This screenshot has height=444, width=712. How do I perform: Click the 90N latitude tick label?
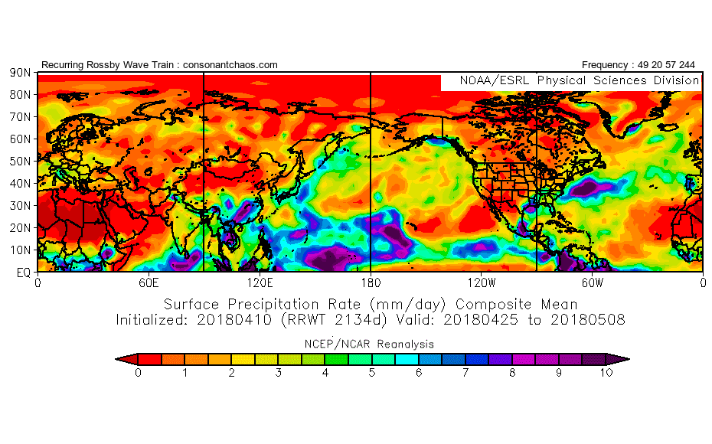[20, 73]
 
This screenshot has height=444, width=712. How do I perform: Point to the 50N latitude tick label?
[20, 162]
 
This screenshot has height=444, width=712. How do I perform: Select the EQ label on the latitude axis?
[22, 272]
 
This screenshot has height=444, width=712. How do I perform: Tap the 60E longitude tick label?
[149, 282]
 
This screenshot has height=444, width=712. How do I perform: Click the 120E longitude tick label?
[260, 282]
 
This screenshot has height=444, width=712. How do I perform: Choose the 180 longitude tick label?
[371, 282]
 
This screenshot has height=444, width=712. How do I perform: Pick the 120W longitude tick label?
[482, 282]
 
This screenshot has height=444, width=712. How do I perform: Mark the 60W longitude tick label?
[592, 282]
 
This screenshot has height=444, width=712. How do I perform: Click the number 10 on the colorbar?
[606, 373]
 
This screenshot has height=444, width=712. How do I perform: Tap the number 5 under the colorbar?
[371, 373]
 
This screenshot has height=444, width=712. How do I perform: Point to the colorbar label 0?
[138, 373]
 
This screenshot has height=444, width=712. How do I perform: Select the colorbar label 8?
[512, 373]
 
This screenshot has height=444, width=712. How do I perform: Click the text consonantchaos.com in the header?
[230, 65]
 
